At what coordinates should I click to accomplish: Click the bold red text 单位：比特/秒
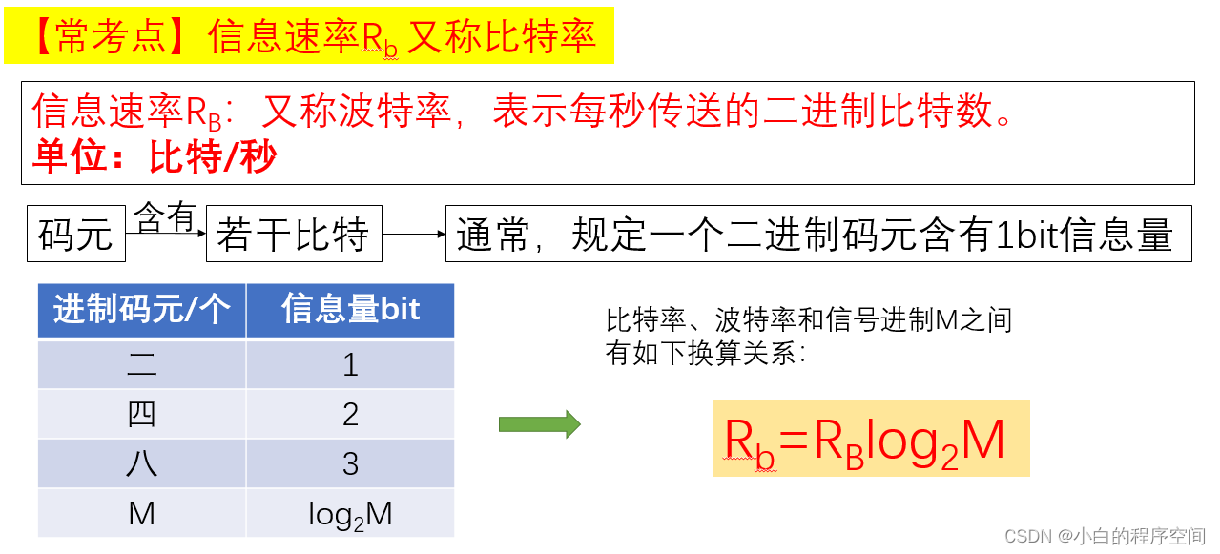pyautogui.click(x=155, y=158)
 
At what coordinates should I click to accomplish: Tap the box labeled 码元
pyautogui.click(x=76, y=235)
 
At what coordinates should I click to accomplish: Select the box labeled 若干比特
pyautogui.click(x=293, y=235)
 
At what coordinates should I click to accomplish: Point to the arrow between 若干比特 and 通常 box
pyautogui.click(x=413, y=235)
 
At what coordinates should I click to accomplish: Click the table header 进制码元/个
pyautogui.click(x=141, y=310)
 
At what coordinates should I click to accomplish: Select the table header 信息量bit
pyautogui.click(x=350, y=310)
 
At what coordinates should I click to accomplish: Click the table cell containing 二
pyautogui.click(x=141, y=364)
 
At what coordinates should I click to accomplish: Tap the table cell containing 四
pyautogui.click(x=141, y=414)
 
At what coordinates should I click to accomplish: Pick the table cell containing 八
pyautogui.click(x=141, y=463)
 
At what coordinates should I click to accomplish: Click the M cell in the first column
pyautogui.click(x=141, y=514)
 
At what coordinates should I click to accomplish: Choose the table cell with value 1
pyautogui.click(x=350, y=364)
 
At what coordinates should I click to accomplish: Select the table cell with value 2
pyautogui.click(x=350, y=414)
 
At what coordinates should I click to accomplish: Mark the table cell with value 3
pyautogui.click(x=350, y=463)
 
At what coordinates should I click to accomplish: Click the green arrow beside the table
pyautogui.click(x=539, y=424)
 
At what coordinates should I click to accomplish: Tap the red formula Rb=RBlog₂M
pyautogui.click(x=865, y=441)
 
